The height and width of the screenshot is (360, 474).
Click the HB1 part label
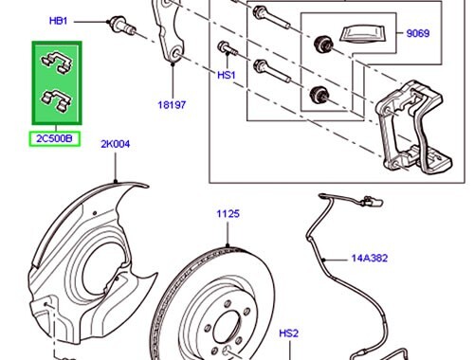(x=59, y=19)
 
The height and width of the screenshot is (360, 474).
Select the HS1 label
(x=226, y=73)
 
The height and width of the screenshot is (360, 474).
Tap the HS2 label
(x=288, y=333)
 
